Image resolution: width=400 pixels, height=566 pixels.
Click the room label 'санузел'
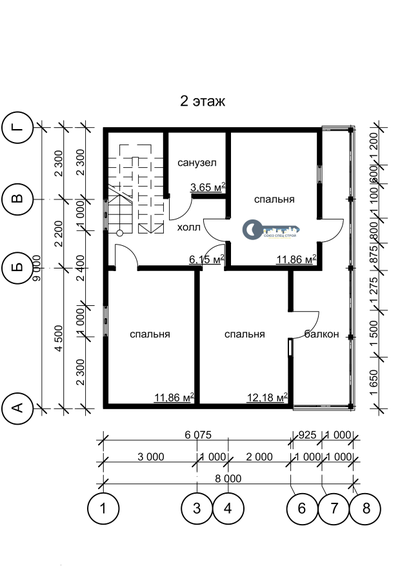click(x=197, y=162)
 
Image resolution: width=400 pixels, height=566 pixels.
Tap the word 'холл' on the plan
click(x=187, y=228)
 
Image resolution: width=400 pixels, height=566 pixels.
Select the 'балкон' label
click(x=321, y=334)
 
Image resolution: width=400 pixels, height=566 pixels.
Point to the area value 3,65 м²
click(x=207, y=187)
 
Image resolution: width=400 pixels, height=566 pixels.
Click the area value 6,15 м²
click(x=207, y=259)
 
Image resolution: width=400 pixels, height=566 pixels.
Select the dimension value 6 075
click(x=197, y=435)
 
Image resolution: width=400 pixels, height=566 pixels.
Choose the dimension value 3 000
click(x=150, y=457)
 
